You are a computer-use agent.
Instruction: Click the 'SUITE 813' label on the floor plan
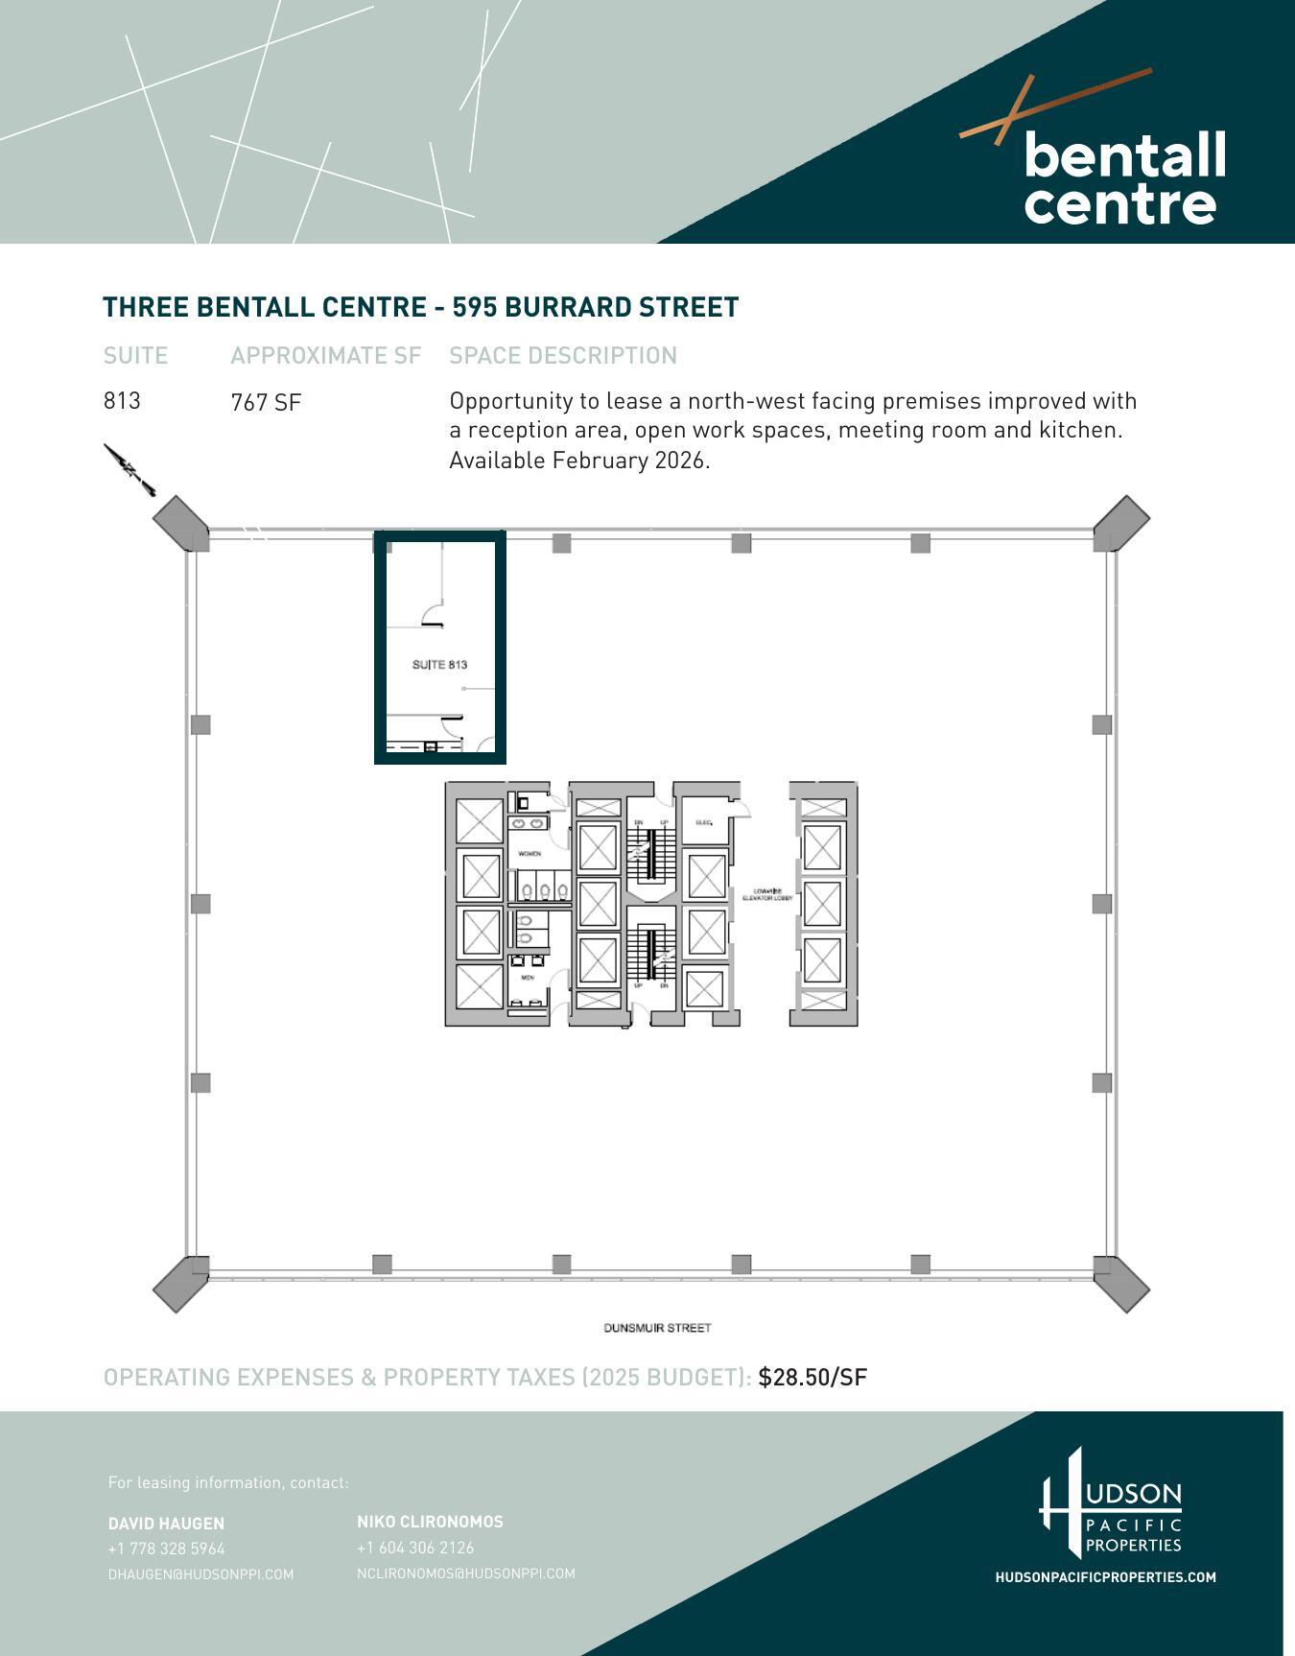click(x=439, y=665)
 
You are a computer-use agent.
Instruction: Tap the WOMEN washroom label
click(x=530, y=853)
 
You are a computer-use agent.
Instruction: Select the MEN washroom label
click(x=528, y=978)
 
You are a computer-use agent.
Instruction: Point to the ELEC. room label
click(x=703, y=822)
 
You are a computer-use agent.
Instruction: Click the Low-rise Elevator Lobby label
click(x=768, y=894)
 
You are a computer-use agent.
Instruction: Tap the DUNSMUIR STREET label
click(x=657, y=1328)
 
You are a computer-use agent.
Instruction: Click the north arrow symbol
click(x=129, y=469)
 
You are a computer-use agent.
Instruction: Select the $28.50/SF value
click(x=812, y=1377)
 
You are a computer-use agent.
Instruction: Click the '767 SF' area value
click(x=266, y=402)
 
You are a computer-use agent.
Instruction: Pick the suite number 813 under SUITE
click(x=122, y=401)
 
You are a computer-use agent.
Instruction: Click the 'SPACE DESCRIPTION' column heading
click(x=563, y=355)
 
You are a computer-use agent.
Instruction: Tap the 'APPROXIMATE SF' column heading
click(x=325, y=355)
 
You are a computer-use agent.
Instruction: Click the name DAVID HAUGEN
click(x=166, y=1523)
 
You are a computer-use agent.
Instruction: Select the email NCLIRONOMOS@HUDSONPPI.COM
click(x=465, y=1573)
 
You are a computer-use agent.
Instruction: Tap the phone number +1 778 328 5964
click(x=166, y=1549)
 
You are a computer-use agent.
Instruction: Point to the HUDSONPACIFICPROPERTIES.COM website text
click(x=1105, y=1577)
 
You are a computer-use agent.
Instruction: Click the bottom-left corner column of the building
click(x=181, y=1283)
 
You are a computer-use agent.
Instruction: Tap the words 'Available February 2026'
click(x=578, y=461)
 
